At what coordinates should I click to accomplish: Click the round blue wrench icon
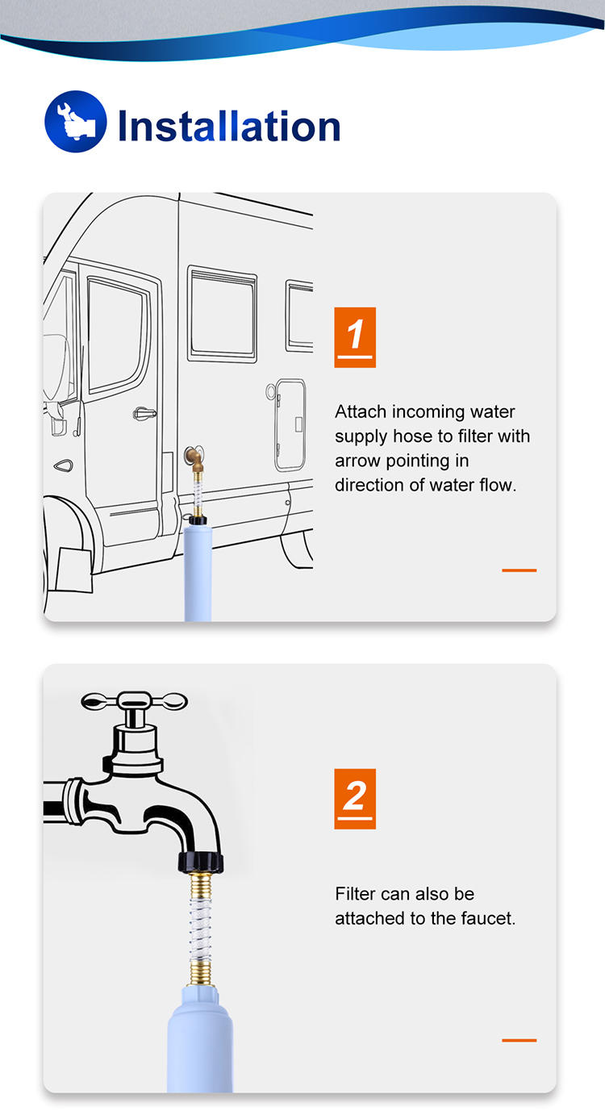[x=76, y=121]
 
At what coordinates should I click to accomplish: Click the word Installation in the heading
[x=229, y=126]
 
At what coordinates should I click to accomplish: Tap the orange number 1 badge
[x=355, y=337]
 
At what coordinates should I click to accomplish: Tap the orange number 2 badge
[x=355, y=799]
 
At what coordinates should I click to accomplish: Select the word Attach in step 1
[x=361, y=411]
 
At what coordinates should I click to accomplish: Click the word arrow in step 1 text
[x=358, y=461]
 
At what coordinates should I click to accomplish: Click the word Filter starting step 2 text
[x=355, y=894]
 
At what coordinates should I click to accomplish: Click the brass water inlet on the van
[x=194, y=458]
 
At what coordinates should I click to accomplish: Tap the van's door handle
[x=144, y=413]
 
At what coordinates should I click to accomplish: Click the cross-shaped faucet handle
[x=135, y=702]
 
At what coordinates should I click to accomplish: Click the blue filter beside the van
[x=198, y=573]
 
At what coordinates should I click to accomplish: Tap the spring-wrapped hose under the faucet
[x=201, y=929]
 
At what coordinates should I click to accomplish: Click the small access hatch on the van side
[x=290, y=425]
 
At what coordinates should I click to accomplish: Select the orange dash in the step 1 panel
[x=519, y=570]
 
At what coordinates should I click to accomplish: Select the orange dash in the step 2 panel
[x=519, y=1040]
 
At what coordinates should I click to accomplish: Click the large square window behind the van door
[x=222, y=315]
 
